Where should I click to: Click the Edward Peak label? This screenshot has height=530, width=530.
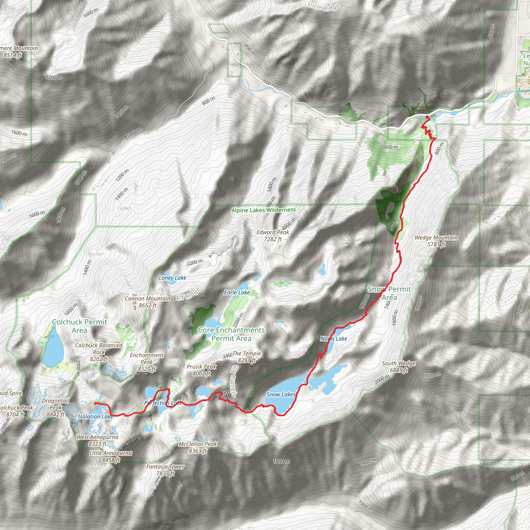click(273, 236)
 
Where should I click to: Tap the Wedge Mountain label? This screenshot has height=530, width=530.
click(436, 241)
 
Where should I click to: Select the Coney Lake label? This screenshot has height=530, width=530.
click(172, 278)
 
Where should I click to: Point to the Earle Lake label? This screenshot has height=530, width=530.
click(237, 292)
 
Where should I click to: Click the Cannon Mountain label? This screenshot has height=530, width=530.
click(148, 302)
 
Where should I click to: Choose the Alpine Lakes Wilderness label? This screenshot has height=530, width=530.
click(263, 210)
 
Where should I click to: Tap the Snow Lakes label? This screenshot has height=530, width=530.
click(281, 394)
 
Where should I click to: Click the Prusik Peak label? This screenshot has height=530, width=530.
click(202, 370)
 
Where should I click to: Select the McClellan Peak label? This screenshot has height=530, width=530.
click(197, 447)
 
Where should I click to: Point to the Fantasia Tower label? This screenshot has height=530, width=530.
click(165, 470)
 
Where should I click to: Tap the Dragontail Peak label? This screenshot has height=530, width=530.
click(55, 407)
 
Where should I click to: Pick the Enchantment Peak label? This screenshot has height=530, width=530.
click(147, 362)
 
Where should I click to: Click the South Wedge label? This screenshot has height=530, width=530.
click(399, 367)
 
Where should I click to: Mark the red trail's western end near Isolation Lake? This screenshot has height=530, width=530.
click(95, 403)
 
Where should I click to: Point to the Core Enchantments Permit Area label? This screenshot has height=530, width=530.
click(231, 334)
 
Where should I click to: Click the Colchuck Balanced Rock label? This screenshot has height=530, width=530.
click(99, 352)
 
